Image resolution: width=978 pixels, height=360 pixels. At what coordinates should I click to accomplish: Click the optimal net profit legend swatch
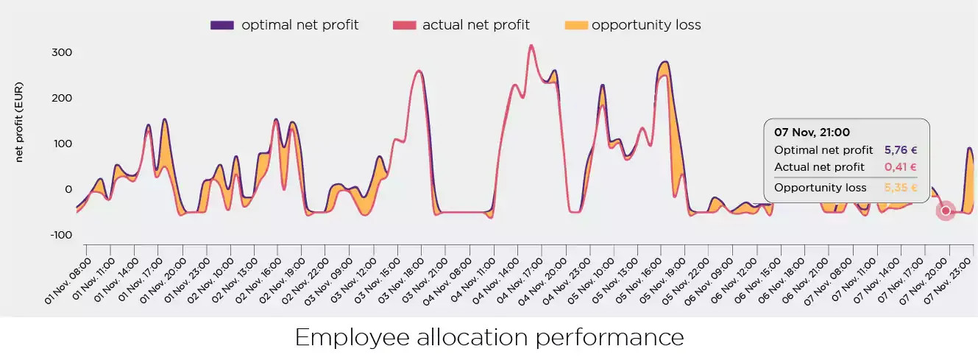[222, 25]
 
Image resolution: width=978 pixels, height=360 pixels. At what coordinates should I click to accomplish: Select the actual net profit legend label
[475, 25]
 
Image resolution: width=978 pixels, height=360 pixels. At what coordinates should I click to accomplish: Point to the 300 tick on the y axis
[60, 52]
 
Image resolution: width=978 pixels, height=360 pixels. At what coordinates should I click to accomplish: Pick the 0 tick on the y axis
[66, 189]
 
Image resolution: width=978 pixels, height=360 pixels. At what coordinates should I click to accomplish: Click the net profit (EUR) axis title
[20, 122]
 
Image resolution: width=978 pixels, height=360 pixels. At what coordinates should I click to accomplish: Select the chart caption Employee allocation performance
[489, 338]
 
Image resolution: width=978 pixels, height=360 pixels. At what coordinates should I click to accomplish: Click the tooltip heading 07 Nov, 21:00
[812, 133]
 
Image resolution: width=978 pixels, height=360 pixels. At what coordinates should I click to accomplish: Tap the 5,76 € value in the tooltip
[901, 150]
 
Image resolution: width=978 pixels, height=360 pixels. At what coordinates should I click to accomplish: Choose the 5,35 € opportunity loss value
[901, 188]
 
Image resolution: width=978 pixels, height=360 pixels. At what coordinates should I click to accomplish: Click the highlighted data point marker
[946, 211]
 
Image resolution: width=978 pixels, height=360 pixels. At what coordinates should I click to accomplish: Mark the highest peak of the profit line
[531, 46]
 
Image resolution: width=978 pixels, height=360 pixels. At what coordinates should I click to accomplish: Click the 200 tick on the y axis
[60, 98]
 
